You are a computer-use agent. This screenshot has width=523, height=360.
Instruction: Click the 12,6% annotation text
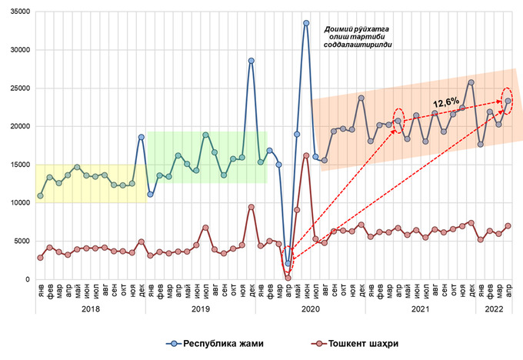pos(445,101)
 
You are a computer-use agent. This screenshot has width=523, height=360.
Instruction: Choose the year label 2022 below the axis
pos(495,308)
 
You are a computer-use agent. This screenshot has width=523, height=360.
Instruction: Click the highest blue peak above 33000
pos(306,23)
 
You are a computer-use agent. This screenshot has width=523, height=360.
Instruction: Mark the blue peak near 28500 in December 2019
pos(252,61)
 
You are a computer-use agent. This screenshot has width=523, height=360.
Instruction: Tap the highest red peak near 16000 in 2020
pos(306,155)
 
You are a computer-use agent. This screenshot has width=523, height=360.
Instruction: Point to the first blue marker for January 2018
pos(40,196)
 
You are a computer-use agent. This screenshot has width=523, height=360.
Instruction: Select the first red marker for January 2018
pos(40,258)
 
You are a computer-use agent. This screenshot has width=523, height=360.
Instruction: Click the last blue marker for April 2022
pos(508,101)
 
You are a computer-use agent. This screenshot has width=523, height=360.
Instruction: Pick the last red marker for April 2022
pos(508,226)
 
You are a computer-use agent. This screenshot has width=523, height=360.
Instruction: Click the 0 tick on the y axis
pos(27,280)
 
